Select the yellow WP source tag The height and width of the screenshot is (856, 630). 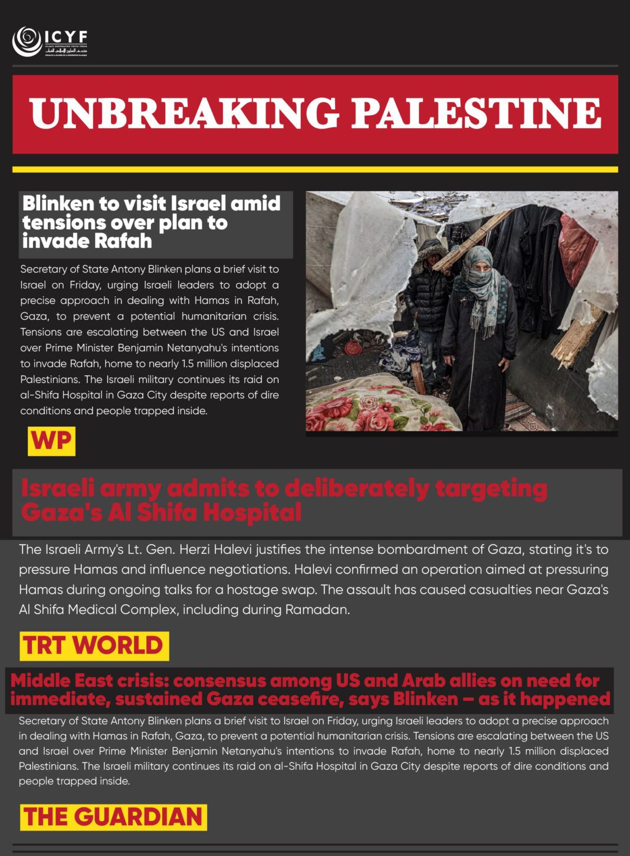(x=51, y=441)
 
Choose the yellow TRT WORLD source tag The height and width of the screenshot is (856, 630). (x=94, y=646)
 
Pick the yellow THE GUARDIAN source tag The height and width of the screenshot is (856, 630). (x=113, y=818)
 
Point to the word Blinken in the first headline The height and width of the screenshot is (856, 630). (x=58, y=204)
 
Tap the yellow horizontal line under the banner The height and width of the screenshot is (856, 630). (x=315, y=169)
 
